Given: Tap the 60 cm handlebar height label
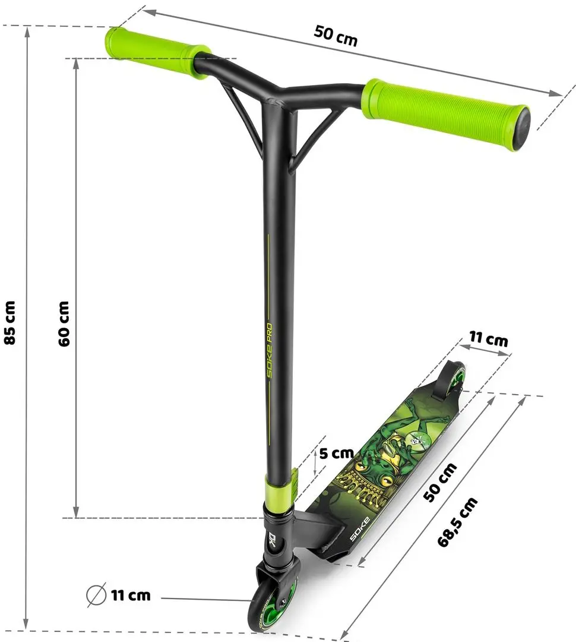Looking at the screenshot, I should pos(65,323).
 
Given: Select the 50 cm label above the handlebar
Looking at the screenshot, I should pos(336,37).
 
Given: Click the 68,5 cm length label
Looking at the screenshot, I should pos(457,521).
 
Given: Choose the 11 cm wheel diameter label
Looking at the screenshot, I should pos(130,594).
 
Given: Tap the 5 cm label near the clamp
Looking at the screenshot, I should pos(336,454).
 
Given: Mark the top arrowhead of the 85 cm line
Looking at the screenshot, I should pos(27,30).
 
